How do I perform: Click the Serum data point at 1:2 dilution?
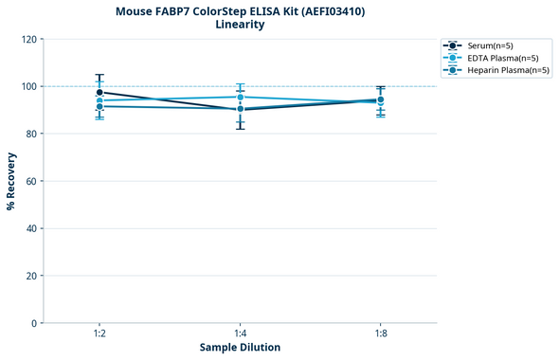tap(99, 93)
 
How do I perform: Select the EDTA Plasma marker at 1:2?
tap(99, 100)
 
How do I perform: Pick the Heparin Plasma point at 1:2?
tap(99, 106)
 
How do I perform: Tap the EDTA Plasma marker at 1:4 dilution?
tap(240, 97)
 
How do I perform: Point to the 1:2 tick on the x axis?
tap(99, 333)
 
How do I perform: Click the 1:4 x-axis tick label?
tap(240, 333)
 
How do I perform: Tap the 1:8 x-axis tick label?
tap(380, 333)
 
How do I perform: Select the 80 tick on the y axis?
tap(31, 134)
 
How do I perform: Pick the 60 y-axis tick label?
tap(31, 181)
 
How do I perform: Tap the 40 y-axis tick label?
tap(31, 228)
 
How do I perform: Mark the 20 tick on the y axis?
tap(31, 276)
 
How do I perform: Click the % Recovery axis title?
tap(11, 180)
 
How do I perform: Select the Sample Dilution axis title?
tap(240, 348)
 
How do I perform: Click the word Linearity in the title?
tap(240, 25)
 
